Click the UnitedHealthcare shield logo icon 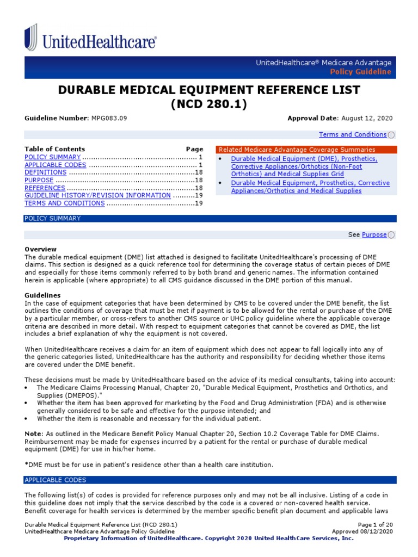31,37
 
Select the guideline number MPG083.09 108,118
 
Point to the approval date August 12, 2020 366,118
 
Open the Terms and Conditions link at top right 352,134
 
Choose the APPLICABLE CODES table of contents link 55,165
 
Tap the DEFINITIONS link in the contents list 45,172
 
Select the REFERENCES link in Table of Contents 45,188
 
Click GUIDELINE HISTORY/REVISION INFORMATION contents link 97,195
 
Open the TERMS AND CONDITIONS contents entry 64,203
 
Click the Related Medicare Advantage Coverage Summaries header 297,150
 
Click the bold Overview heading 40,249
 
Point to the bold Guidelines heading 42,295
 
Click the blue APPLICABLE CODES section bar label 55,480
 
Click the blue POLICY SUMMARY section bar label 52,219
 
